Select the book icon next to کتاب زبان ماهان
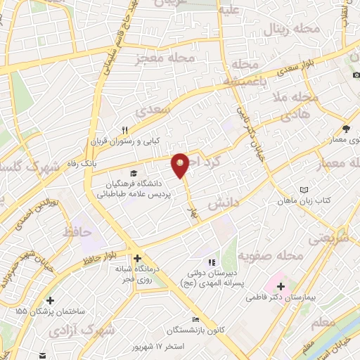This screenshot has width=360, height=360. click(x=304, y=190)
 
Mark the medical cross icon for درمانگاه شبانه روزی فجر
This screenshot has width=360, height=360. click(x=138, y=259)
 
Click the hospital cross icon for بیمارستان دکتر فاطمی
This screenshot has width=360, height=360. click(x=281, y=286)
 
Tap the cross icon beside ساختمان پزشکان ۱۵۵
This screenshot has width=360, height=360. click(x=51, y=300)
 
